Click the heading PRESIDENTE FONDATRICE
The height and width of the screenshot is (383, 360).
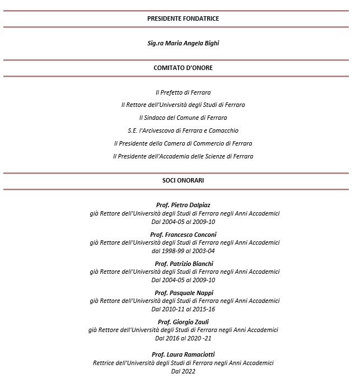pos(183,18)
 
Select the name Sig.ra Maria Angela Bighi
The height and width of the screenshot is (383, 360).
pos(183,43)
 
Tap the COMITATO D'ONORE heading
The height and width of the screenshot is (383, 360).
pos(183,68)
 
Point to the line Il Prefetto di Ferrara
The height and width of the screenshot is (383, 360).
pos(183,92)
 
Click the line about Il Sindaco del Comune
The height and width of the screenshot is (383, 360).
pos(183,118)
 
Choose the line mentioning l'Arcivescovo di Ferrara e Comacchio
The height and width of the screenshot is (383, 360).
pos(183,130)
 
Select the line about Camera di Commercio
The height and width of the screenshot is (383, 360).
pos(183,143)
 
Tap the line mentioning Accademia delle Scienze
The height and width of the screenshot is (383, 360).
pos(183,156)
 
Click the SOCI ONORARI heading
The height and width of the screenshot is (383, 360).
pos(183,181)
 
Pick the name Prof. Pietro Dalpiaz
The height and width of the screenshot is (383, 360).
pos(183,205)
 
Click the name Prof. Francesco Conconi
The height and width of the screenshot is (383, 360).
pos(183,234)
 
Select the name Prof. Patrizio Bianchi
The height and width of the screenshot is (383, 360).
pos(183,264)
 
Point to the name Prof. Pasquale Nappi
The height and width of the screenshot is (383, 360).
pos(183,293)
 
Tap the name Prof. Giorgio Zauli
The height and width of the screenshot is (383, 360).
pos(183,322)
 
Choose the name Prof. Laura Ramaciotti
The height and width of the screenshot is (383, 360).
pos(183,354)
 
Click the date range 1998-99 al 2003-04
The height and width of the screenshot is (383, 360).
pos(183,251)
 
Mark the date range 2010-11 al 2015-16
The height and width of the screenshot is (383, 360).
pos(183,309)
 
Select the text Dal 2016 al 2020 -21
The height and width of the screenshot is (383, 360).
pos(183,338)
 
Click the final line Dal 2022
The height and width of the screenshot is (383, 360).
pos(183,371)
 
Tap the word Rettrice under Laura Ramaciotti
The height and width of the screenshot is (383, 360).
pos(105,363)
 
